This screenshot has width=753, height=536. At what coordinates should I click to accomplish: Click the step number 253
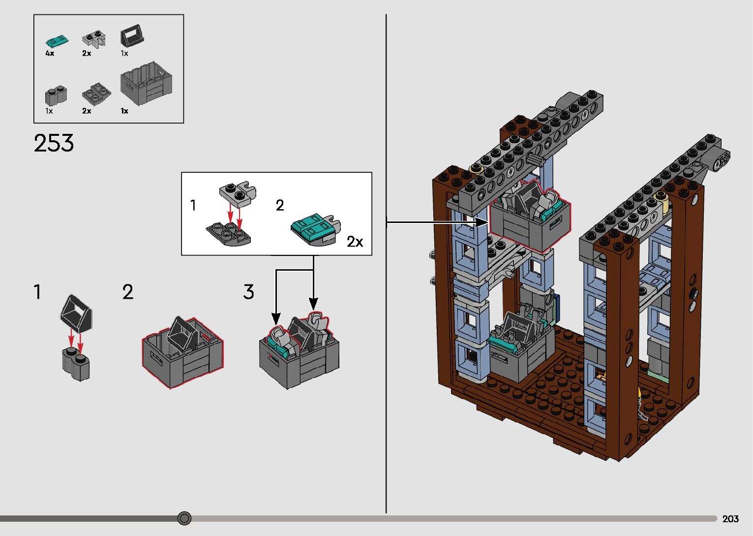point(54,143)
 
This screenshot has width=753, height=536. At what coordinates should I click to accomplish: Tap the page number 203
point(730,519)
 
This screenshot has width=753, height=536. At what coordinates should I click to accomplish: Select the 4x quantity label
point(50,53)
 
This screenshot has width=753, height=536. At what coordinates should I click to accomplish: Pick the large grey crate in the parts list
point(147,84)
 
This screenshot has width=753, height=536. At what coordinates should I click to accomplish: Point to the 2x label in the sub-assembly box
point(355,242)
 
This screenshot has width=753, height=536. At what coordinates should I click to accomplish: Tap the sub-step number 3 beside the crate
point(248,292)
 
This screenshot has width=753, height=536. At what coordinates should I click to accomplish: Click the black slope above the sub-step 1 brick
point(77,314)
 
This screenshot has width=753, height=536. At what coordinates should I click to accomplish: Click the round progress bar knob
point(184,518)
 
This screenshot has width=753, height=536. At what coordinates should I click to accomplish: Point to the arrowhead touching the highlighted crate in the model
point(482,222)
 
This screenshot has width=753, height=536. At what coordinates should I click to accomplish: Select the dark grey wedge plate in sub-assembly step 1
point(228,233)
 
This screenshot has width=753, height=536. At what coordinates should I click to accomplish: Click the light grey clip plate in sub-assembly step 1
point(238,191)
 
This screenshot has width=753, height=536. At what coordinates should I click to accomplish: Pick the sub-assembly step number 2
point(280,205)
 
